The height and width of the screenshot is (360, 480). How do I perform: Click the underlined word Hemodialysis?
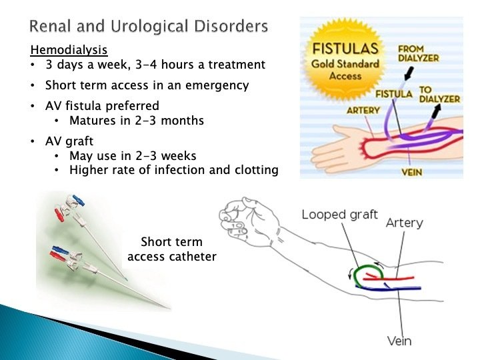(69, 50)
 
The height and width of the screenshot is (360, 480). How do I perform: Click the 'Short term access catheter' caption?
(171, 249)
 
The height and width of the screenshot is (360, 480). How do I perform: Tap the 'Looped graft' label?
(339, 215)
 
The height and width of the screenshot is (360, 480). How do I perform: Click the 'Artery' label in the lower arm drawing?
(404, 223)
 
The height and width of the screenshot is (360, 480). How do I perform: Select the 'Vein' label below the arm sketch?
(399, 341)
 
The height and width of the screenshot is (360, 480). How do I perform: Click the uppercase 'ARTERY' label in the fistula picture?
(363, 110)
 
